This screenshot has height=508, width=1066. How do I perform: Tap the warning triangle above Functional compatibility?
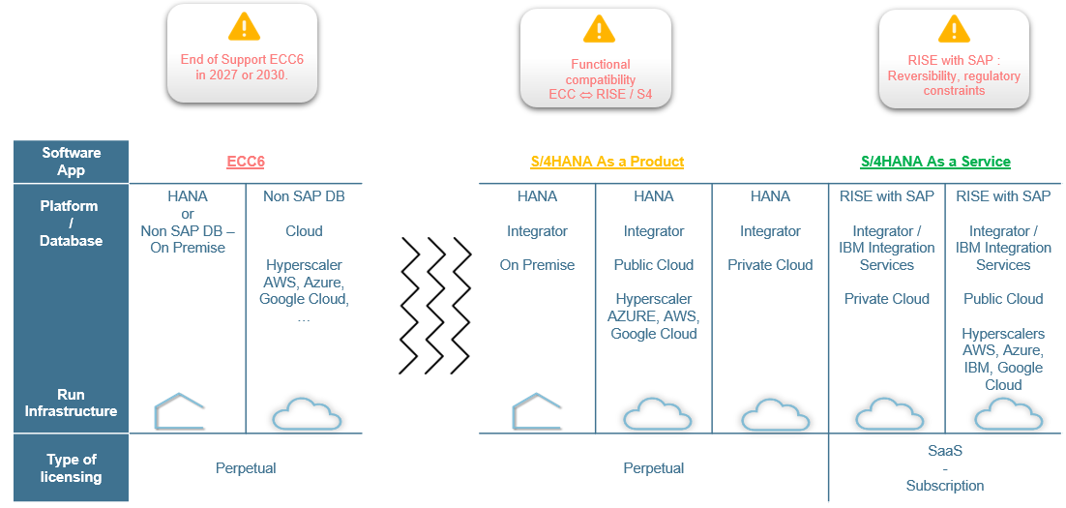(599, 30)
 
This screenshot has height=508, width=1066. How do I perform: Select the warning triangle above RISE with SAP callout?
(954, 29)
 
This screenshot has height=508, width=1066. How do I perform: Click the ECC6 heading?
(246, 162)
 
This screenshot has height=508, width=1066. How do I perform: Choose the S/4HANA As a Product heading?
(607, 162)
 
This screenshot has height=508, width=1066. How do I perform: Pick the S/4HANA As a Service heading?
(935, 162)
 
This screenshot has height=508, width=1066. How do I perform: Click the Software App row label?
(71, 162)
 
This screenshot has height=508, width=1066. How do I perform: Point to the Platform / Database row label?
(71, 223)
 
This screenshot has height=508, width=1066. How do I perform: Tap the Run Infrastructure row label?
(71, 403)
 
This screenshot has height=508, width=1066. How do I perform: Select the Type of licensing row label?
(71, 467)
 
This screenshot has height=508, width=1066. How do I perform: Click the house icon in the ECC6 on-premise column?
(180, 411)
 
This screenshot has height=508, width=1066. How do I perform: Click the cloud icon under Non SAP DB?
(307, 414)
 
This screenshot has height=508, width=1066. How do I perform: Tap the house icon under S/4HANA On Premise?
(537, 411)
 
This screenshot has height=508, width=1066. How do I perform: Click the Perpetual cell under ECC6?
(246, 468)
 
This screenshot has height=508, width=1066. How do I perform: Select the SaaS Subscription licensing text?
(944, 467)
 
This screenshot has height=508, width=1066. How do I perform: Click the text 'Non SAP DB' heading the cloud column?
(304, 196)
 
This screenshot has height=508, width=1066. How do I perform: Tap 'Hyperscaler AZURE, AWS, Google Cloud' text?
(654, 316)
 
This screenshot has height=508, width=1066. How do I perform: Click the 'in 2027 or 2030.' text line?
(242, 74)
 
